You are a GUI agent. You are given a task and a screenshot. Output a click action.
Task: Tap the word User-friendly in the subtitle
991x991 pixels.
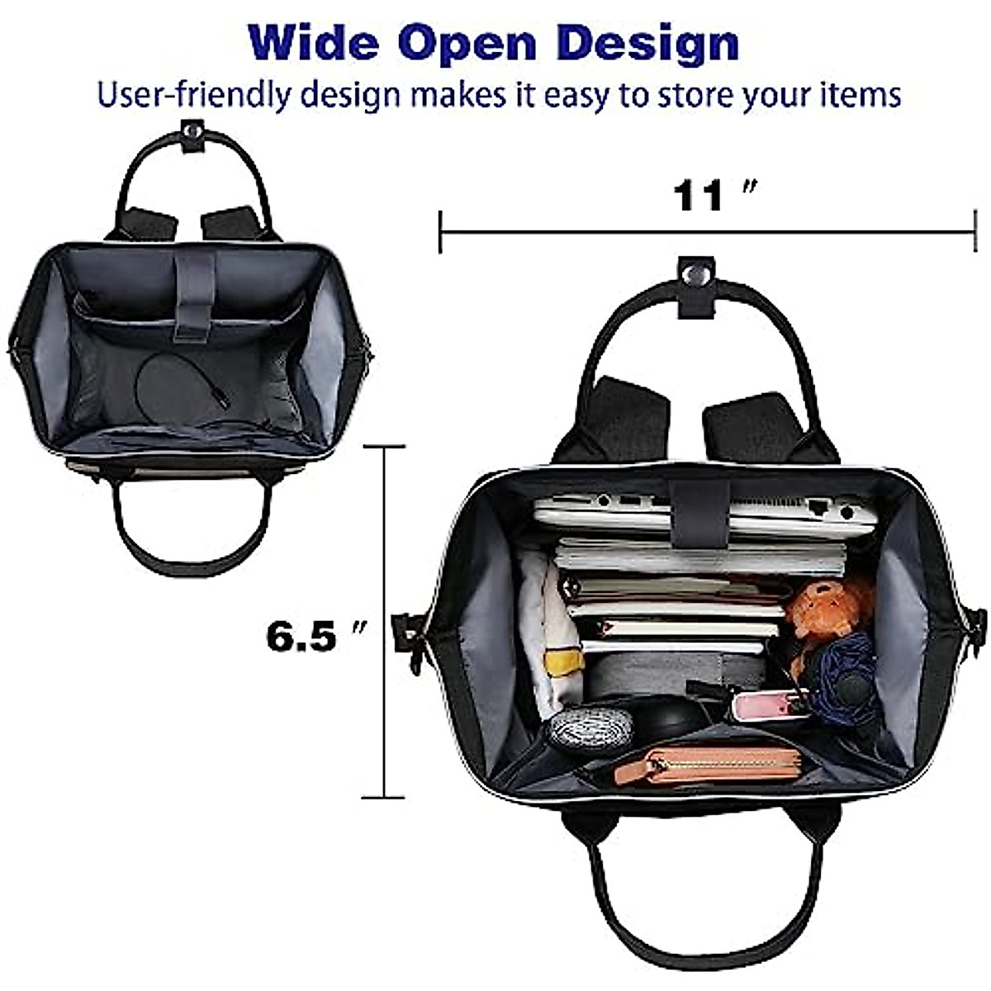[193, 96]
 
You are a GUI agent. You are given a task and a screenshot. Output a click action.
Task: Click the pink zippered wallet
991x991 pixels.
[722, 763]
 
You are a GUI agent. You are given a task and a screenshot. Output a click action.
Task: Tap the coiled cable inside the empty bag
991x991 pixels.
[178, 383]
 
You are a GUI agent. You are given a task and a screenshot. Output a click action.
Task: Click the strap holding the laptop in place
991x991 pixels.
[699, 512]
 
